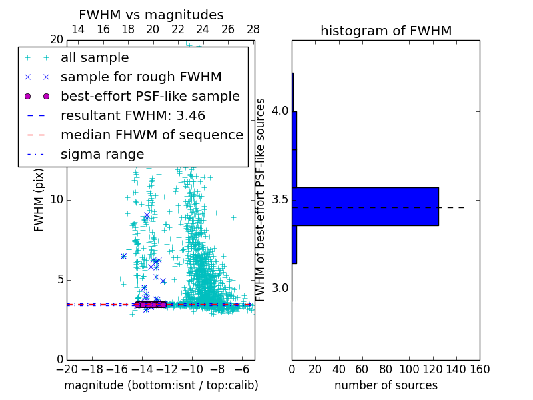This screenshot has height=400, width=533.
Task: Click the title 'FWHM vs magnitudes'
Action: [151, 15]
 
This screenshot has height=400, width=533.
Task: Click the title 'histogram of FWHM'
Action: [386, 31]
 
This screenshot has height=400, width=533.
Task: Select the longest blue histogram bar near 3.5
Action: [365, 207]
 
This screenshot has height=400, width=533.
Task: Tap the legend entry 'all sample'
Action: [95, 58]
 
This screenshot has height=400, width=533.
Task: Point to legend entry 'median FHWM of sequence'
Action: [151, 135]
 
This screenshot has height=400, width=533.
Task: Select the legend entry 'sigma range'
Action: [102, 154]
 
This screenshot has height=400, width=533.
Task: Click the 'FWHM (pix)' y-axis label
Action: [39, 201]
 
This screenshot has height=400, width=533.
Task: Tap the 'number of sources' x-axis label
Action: [386, 385]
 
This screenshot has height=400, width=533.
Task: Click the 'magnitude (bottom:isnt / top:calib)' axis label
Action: [161, 385]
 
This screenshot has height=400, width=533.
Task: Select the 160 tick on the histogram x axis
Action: [480, 368]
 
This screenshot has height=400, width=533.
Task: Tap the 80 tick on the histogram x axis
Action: [386, 368]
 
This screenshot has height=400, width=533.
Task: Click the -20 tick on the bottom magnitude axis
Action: [67, 368]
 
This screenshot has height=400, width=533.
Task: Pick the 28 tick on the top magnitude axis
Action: [253, 29]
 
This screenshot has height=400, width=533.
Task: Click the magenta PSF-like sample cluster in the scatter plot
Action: [150, 305]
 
